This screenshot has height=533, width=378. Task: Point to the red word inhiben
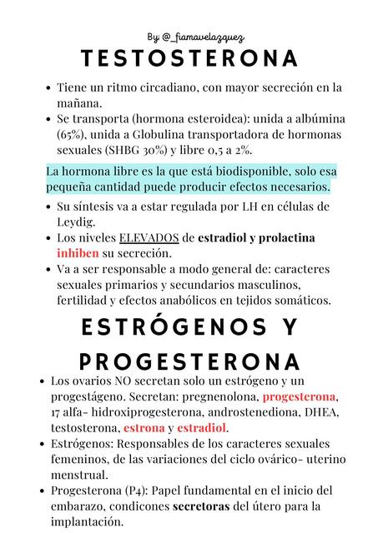(x=78, y=252)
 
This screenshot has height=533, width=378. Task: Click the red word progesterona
(x=299, y=396)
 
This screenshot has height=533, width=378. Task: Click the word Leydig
(x=77, y=222)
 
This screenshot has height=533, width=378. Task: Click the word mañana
(x=80, y=103)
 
